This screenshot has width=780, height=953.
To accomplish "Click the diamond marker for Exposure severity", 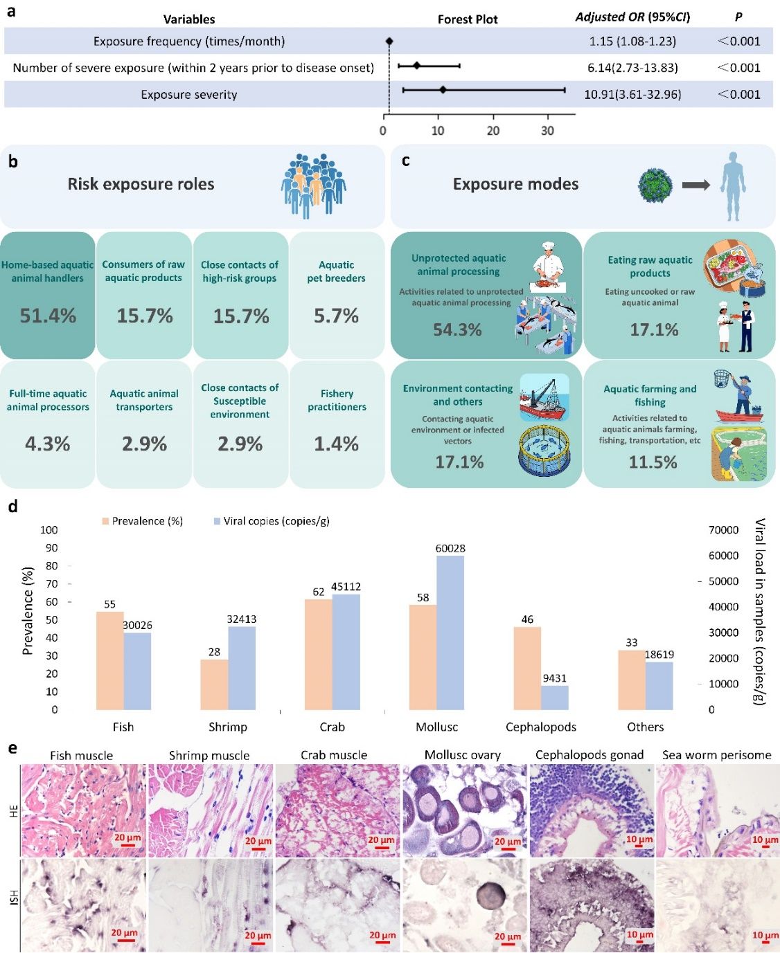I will tap(443, 90).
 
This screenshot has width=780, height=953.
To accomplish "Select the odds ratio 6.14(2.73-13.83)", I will tap(632, 68).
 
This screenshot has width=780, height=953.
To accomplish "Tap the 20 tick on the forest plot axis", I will tap(493, 131).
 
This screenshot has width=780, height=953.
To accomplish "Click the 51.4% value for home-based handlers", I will tap(48, 316).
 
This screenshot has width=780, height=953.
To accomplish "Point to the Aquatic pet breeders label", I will tap(336, 271).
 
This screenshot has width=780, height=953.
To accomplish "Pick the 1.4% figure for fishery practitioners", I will tap(336, 444).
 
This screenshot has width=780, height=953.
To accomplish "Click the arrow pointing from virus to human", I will tap(695, 185).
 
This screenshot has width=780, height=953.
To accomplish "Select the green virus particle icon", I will tap(655, 185).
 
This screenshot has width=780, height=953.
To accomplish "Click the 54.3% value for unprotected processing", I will tap(457, 329).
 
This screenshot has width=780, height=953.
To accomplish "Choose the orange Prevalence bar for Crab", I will tap(319, 653).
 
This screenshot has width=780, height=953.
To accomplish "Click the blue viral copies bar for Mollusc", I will tap(450, 632).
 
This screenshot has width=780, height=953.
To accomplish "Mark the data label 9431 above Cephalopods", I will tap(554, 678).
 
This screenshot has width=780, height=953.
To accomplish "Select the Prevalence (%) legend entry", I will tap(143, 521).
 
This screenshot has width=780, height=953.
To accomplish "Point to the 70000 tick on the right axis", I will tap(723, 530).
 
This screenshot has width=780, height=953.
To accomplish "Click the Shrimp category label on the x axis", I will tap(227, 727).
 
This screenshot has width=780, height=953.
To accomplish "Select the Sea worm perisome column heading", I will tap(716, 755).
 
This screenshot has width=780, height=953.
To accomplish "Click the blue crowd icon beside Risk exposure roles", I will tap(313, 183).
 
